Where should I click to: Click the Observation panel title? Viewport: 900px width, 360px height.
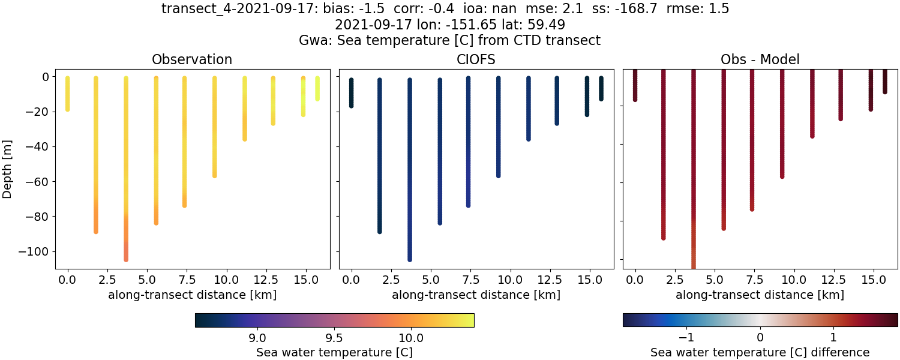[x=192, y=59]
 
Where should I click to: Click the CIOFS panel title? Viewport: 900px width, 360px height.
[x=476, y=59]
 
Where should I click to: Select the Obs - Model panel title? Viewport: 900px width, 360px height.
[x=760, y=59]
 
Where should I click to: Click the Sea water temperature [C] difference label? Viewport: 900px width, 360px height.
[x=760, y=352]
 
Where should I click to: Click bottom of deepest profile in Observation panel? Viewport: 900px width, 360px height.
[x=126, y=259]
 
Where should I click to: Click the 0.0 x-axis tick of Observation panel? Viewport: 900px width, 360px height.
[x=68, y=280]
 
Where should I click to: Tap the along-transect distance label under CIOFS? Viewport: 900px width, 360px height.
[x=476, y=295]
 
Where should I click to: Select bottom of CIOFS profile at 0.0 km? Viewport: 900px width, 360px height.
[x=352, y=106]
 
